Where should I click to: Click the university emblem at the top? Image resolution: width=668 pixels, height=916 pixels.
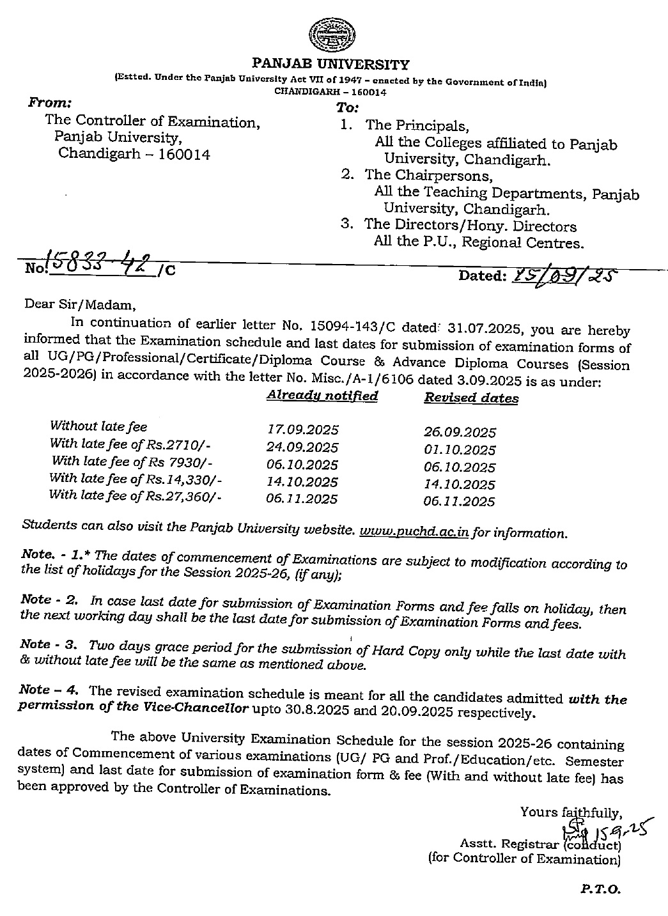point(330,37)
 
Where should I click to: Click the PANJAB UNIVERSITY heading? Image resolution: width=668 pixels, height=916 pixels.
point(330,64)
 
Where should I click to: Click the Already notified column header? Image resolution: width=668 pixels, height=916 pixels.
point(322,396)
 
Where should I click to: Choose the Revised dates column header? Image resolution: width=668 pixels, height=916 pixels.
point(471,398)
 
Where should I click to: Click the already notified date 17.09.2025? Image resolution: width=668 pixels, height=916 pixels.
point(303,430)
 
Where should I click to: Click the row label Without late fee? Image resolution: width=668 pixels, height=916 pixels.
point(98,426)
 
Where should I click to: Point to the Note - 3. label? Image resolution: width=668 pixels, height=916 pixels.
point(50,644)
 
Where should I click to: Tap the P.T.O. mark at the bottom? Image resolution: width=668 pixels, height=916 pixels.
point(600,889)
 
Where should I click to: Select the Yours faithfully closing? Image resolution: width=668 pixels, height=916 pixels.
point(571,812)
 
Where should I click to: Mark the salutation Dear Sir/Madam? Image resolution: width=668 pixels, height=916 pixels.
point(80,304)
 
